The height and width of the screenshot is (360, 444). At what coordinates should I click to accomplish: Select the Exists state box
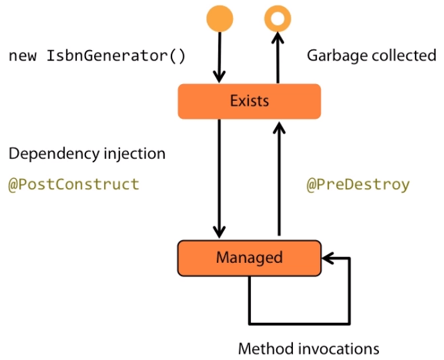(x=249, y=101)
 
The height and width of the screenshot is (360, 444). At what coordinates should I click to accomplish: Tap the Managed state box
(x=249, y=257)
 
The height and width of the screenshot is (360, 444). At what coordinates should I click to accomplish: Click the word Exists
(x=249, y=101)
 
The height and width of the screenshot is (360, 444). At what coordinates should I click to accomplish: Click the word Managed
(x=249, y=257)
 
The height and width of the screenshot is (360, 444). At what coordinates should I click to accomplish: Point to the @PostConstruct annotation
(x=73, y=184)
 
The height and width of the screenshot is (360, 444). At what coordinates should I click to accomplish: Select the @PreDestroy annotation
(x=358, y=184)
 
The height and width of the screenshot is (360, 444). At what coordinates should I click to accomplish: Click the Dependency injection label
(x=87, y=153)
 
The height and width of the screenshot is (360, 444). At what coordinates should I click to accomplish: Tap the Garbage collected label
(x=372, y=56)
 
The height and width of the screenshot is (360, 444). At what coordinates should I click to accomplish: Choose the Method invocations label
(x=308, y=348)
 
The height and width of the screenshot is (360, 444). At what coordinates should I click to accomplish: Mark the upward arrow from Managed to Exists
(x=279, y=179)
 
